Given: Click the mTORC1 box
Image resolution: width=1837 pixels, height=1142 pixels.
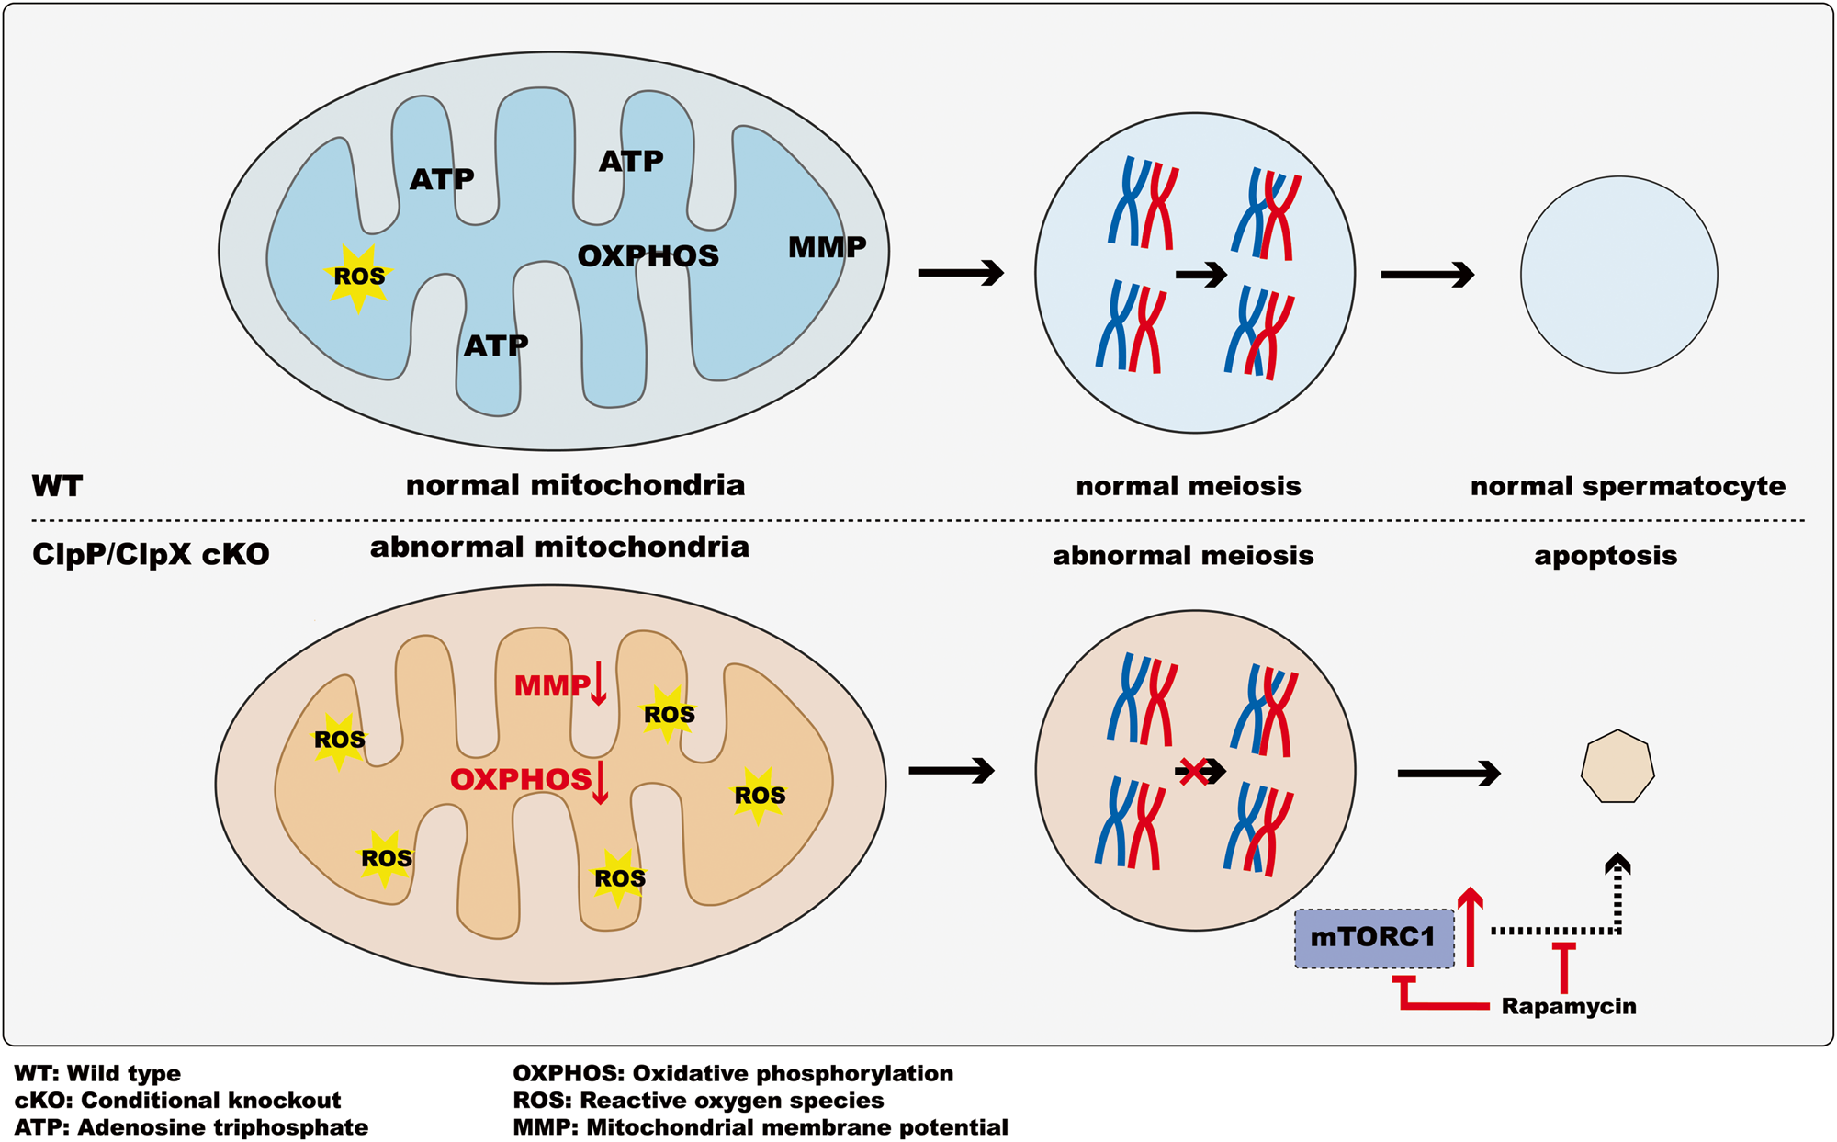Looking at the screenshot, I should click(1373, 938).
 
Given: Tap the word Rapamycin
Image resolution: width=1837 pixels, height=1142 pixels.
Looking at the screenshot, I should click(1568, 1006).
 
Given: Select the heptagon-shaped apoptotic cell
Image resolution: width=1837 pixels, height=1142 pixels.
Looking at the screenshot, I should click(1617, 767).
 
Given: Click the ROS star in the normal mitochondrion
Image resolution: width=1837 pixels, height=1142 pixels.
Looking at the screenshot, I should click(358, 277).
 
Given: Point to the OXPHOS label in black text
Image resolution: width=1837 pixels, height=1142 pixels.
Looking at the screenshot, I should click(648, 256).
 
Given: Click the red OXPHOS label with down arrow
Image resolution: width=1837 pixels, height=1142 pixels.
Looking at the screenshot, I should click(529, 780).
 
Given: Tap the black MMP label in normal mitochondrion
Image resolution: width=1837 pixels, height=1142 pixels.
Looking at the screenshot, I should click(827, 247).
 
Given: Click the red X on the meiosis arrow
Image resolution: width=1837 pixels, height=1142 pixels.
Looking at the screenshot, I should click(1192, 771).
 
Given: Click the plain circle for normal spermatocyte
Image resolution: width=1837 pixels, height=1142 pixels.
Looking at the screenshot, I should click(1618, 275).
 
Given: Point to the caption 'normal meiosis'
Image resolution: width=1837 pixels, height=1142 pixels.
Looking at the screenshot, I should click(1188, 486).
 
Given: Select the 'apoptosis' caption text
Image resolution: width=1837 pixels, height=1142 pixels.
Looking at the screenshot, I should click(1605, 556).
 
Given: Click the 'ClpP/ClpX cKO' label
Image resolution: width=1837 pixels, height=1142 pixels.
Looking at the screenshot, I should click(151, 555).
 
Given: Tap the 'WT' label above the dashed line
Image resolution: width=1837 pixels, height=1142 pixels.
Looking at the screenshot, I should click(57, 486).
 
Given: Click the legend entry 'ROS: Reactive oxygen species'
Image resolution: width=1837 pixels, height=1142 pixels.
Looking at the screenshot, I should click(698, 1101).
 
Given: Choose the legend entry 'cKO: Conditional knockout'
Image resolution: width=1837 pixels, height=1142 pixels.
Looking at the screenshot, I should click(177, 1101).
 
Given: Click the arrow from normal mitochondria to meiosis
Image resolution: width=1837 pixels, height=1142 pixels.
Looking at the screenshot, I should click(960, 273).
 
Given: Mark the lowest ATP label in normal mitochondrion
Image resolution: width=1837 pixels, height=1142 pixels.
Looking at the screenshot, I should click(496, 345).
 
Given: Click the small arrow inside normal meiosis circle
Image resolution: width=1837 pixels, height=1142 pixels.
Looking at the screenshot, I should click(1200, 274).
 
